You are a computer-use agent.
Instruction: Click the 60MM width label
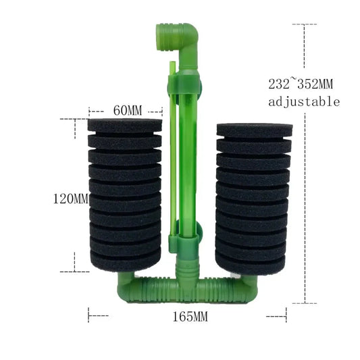[x=128, y=111]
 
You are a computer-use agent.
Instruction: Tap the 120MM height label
[x=71, y=199]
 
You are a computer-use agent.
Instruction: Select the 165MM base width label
[x=190, y=317]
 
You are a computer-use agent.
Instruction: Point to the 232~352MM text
[x=301, y=83]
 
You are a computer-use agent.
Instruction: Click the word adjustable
[x=304, y=102]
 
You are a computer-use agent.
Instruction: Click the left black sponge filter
[x=125, y=195]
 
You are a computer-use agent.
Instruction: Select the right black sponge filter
[x=254, y=199]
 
